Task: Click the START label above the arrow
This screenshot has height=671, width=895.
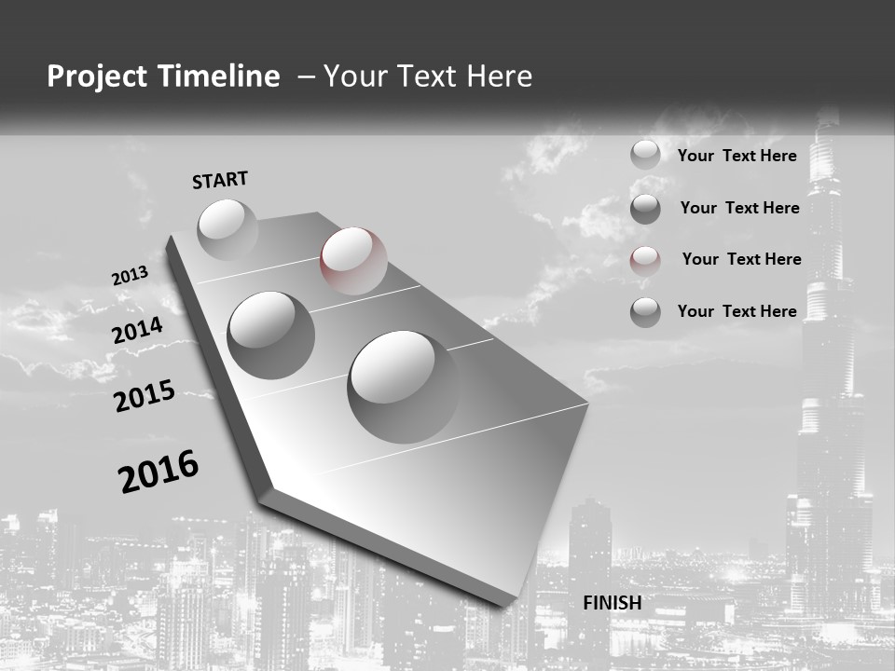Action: (220, 180)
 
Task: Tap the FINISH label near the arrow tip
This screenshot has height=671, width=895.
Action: (613, 603)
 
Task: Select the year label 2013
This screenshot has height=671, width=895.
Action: (131, 277)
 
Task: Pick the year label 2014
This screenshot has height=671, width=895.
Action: (138, 331)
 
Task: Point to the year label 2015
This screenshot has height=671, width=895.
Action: (145, 396)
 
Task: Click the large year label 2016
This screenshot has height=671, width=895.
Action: (159, 472)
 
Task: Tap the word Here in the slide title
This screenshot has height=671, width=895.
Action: (500, 76)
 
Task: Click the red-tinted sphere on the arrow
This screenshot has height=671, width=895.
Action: (353, 261)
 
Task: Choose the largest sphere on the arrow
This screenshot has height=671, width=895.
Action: (403, 386)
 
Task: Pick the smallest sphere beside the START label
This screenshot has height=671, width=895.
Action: (227, 229)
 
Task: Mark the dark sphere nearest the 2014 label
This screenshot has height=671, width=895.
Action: (271, 335)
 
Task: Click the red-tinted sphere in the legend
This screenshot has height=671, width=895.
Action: (645, 260)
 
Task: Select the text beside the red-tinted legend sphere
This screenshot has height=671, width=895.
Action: (741, 259)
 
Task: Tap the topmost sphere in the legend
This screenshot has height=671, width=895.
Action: (645, 155)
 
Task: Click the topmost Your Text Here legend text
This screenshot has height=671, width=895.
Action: (737, 156)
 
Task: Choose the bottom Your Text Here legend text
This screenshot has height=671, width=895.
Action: (737, 311)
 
